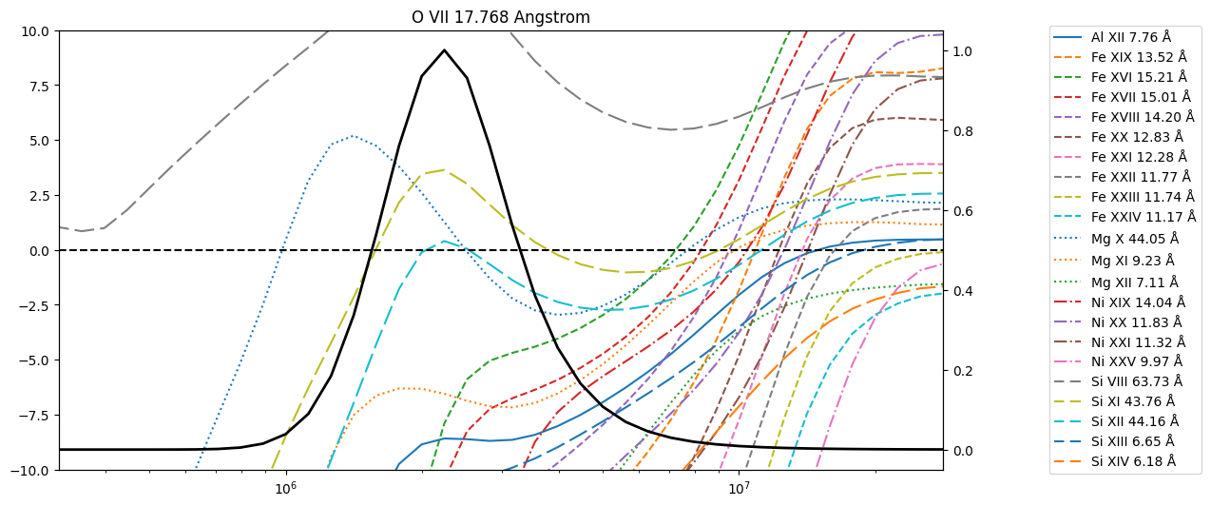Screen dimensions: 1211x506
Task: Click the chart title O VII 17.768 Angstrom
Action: pos(501,17)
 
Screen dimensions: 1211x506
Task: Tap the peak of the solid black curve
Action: pos(444,49)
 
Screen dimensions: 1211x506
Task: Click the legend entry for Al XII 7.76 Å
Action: pos(1112,37)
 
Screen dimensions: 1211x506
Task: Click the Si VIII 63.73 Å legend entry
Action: pos(1118,381)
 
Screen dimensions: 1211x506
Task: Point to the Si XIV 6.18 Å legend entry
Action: pos(1114,461)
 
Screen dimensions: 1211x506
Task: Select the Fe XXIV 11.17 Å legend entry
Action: pos(1124,217)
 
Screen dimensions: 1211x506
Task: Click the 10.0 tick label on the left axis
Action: pos(34,31)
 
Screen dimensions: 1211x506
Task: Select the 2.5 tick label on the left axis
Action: pos(38,196)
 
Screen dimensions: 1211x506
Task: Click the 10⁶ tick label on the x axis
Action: pos(286,488)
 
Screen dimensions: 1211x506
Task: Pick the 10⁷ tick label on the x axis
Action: pos(739,488)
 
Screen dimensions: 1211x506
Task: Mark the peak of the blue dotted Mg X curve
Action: pos(353,136)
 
